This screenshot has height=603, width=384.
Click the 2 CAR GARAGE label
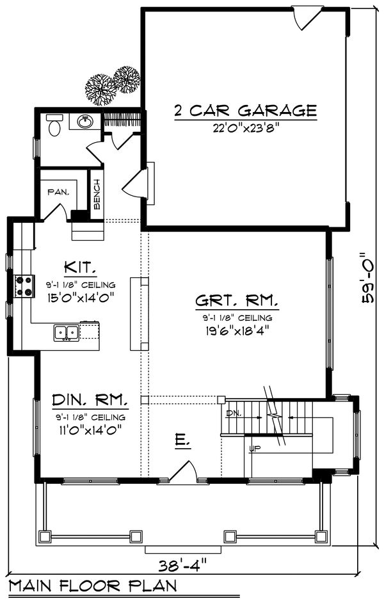(245, 111)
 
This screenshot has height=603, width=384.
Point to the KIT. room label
(80, 266)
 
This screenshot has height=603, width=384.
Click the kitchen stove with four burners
(25, 286)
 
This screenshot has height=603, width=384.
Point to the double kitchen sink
(67, 332)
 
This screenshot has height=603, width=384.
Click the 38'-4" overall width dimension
(187, 565)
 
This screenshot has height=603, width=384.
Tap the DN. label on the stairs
(234, 414)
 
